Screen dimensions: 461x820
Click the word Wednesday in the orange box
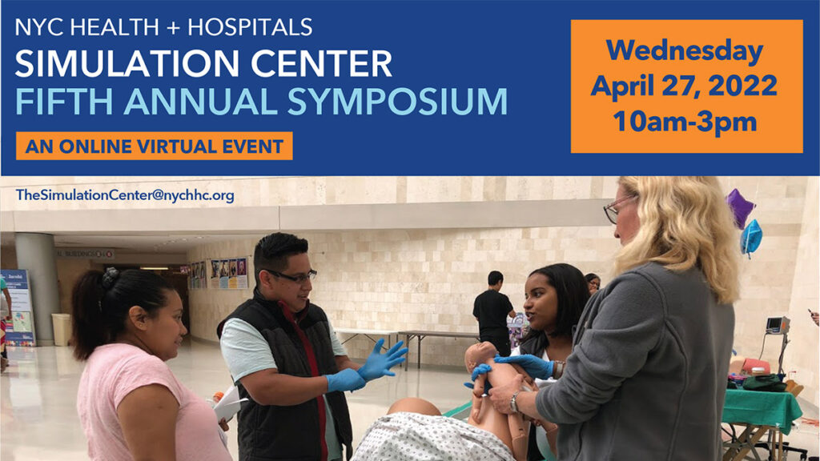click(686, 50)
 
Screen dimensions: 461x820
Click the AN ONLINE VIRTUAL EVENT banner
click(155, 146)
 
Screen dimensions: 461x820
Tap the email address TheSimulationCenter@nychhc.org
click(125, 195)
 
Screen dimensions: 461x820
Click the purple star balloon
click(739, 207)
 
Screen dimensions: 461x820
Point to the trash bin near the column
click(61, 328)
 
